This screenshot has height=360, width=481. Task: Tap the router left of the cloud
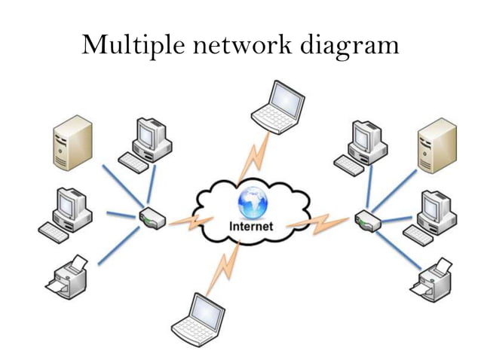click(x=150, y=219)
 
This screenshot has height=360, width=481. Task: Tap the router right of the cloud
click(x=366, y=221)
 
